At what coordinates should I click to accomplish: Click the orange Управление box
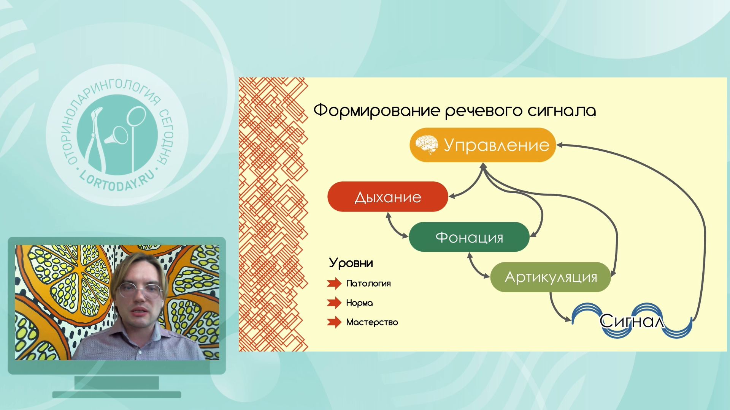(482, 145)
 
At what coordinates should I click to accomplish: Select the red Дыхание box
(388, 197)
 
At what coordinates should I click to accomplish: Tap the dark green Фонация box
(469, 237)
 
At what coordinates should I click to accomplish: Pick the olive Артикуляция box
(551, 277)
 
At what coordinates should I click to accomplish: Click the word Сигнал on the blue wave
(632, 321)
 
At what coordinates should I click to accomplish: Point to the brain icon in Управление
(427, 145)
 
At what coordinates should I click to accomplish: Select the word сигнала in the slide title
(562, 111)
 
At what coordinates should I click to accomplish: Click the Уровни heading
(351, 263)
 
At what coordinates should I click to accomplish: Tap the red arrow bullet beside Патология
(334, 283)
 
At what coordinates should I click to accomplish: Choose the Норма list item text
(359, 303)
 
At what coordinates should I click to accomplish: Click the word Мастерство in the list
(372, 322)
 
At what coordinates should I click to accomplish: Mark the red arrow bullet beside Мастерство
(334, 322)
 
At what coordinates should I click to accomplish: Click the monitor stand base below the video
(116, 394)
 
